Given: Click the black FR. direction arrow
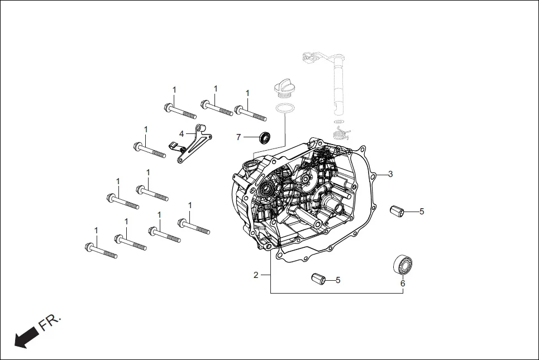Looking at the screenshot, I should tap(26, 337).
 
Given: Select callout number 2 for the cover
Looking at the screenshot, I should tap(256, 275).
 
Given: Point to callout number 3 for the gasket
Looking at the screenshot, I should tap(390, 174).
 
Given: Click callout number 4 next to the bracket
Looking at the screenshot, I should tap(182, 133).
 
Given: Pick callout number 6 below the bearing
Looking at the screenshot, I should tap(403, 283).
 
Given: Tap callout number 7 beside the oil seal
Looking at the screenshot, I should tap(239, 137).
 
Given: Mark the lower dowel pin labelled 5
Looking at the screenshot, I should tap(318, 278).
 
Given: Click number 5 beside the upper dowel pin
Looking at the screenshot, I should tap(422, 212).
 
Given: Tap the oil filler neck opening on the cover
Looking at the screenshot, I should tap(250, 165).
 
